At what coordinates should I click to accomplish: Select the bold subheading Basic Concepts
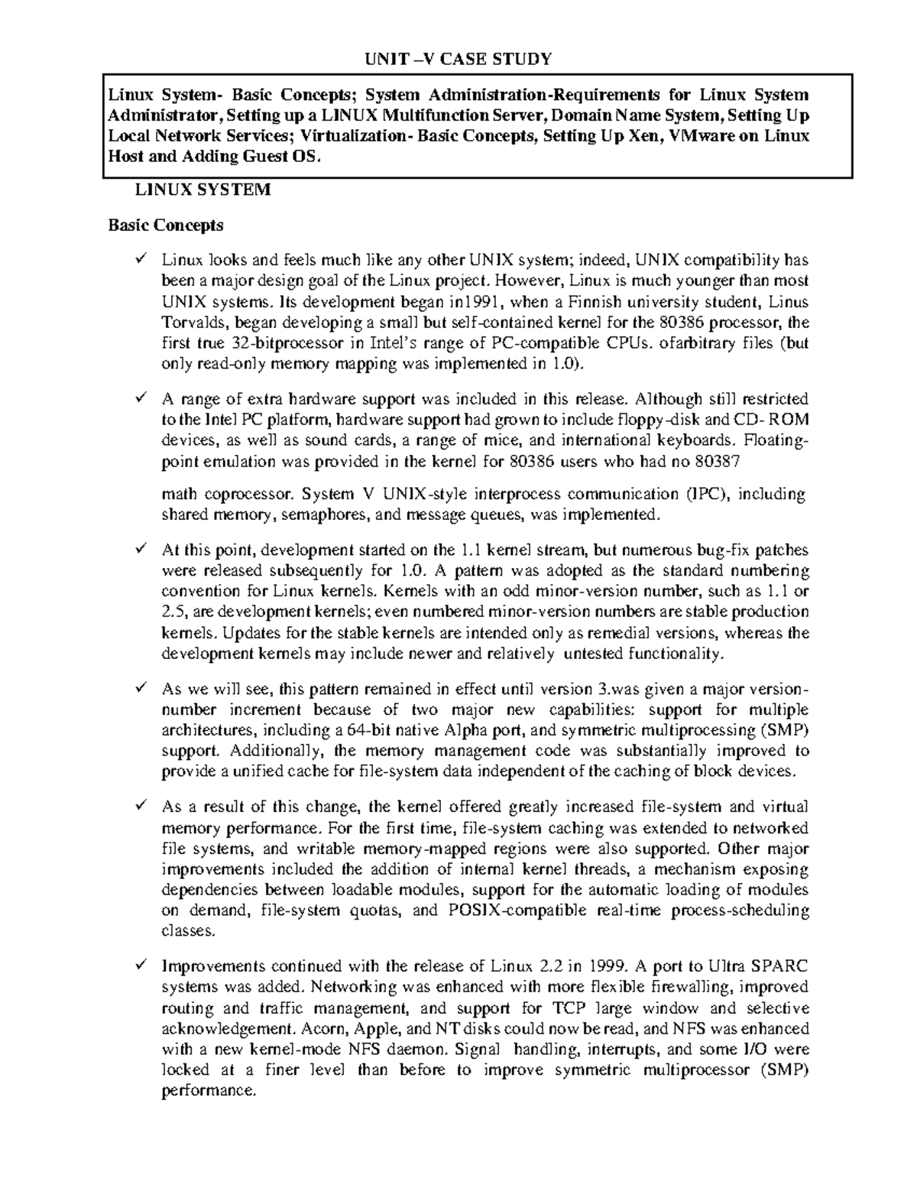point(166,225)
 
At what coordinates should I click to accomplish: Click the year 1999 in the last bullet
point(609,966)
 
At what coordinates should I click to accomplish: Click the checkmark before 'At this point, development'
point(140,549)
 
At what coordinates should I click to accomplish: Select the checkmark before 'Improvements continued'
point(140,965)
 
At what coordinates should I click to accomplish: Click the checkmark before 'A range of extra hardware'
point(140,398)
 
